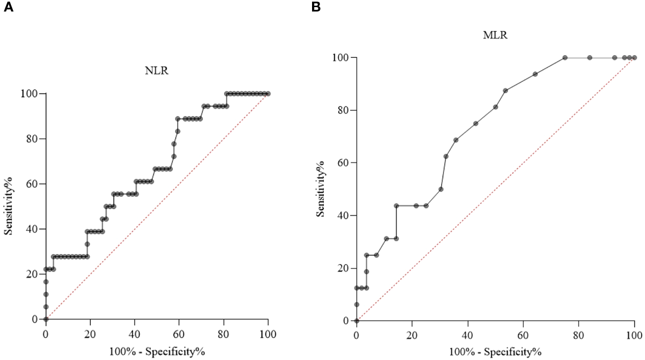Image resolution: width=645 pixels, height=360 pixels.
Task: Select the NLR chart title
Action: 156,71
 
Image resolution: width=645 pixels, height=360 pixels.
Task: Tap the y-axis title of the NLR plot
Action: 9,206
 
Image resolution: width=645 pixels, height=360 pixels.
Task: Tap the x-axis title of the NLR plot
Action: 156,352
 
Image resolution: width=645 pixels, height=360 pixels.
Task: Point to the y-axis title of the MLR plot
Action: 321,189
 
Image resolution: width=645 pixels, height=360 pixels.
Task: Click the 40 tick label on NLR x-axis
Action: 134,333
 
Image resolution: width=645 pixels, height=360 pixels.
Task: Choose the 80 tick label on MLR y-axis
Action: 344,110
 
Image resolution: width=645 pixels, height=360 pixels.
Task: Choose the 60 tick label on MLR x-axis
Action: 523,335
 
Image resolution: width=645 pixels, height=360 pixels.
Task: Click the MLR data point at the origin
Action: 357,321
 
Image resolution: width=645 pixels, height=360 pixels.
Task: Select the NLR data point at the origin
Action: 46,319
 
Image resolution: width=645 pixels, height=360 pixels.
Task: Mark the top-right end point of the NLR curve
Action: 268,94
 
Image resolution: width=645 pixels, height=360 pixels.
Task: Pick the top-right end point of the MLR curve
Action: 634,57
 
